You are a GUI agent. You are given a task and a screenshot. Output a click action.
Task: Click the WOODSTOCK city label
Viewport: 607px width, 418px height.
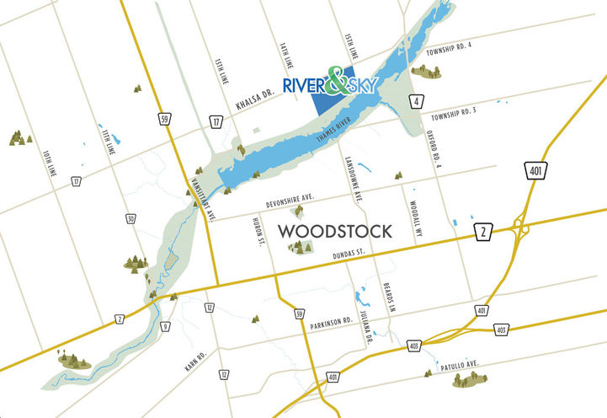[x=334, y=231]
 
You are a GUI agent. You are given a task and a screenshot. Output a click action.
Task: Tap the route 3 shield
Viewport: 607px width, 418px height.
[x=165, y=326]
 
